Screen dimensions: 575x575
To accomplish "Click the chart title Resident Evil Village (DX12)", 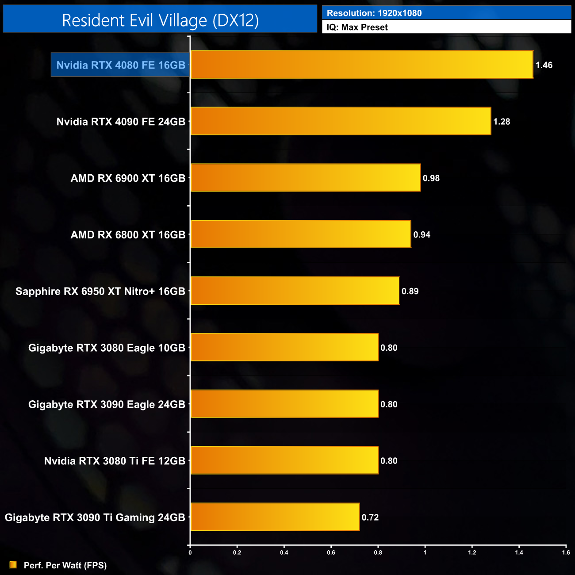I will tap(160, 20).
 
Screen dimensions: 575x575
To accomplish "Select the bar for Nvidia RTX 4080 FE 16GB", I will tap(361, 65).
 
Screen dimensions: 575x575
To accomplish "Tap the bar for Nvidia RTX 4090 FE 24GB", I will tap(341, 121).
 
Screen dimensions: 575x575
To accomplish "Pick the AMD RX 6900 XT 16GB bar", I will tap(305, 178).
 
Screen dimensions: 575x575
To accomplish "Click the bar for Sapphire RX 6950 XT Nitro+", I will tap(295, 291).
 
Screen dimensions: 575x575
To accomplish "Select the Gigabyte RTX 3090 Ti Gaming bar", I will tap(275, 517).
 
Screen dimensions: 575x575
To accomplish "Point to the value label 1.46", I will tap(544, 65).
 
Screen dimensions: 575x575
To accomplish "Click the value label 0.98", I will tap(431, 178).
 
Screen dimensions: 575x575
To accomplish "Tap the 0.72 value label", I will tap(370, 517).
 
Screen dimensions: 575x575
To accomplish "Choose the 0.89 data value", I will tap(410, 291).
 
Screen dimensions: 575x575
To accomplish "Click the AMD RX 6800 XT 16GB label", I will tap(128, 235).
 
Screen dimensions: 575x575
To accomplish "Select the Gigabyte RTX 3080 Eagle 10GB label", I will tap(107, 348).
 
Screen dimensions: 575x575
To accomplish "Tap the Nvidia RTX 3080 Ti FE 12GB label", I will tap(115, 461).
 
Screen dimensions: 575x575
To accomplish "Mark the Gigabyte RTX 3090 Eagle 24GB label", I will tap(107, 404).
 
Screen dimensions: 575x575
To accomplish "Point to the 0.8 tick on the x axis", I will tap(378, 552).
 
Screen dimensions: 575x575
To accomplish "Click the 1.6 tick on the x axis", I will tap(566, 552).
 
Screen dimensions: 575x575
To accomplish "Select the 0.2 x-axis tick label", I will tap(237, 552).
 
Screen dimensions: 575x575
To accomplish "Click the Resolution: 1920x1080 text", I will tap(374, 13).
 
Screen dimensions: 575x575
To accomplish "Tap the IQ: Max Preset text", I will tap(357, 27).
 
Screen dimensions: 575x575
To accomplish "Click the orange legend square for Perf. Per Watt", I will tap(13, 565).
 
